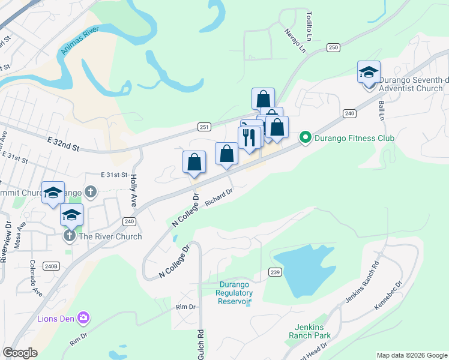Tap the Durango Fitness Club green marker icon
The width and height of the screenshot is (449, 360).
(305, 138)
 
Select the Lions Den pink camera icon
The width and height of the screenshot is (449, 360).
(83, 317)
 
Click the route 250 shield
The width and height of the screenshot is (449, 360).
(334, 47)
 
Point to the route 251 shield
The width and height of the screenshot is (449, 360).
(204, 127)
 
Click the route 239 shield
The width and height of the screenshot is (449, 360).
(275, 272)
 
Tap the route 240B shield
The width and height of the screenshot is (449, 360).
(52, 266)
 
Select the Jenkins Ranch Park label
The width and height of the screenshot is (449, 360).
(313, 332)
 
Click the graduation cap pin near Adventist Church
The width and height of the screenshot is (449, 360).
(369, 73)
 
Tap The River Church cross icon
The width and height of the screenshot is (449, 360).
(70, 236)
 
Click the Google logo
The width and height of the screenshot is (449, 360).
(20, 353)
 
